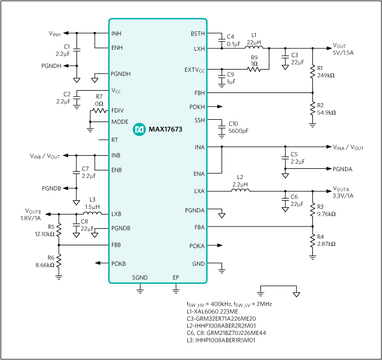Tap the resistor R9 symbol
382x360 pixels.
pos(254,70)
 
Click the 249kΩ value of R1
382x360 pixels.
pos(327,75)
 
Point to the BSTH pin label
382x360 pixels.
pos(198,34)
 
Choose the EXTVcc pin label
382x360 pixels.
pos(195,70)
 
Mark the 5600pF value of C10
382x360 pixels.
pos(238,131)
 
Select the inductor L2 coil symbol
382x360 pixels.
pos(239,191)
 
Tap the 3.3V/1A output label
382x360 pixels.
pos(344,196)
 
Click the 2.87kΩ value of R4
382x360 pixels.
pos(327,243)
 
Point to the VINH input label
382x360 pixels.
pos(54,34)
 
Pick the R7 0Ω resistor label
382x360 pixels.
pos(99,100)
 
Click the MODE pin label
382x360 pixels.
pos(120,122)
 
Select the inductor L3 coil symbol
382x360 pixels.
pos(93,214)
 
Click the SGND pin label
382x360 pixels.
pos(140,277)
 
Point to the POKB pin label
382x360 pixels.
pos(119,263)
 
